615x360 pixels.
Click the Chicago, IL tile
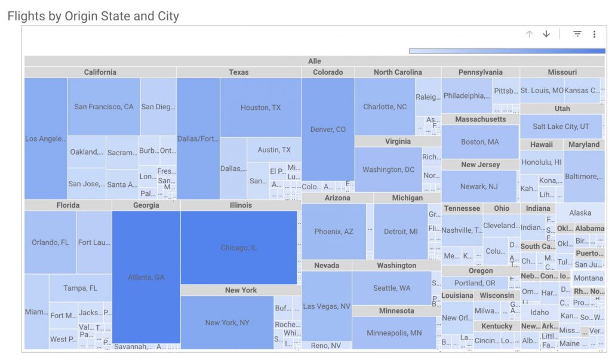(239, 247)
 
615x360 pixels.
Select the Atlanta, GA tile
(146, 277)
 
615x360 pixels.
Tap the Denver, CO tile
(328, 129)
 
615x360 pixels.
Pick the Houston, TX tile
(260, 107)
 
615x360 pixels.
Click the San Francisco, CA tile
(104, 107)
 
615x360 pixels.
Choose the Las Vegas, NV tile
(327, 306)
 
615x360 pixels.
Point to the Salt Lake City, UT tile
(561, 127)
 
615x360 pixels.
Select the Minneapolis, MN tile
(394, 333)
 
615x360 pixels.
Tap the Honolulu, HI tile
(541, 162)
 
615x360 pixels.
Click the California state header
(100, 72)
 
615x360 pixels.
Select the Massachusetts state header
(480, 119)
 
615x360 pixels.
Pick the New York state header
(241, 290)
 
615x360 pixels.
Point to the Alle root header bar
(314, 61)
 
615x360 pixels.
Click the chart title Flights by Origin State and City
(93, 16)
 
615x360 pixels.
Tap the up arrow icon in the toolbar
(529, 34)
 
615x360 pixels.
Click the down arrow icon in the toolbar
(546, 34)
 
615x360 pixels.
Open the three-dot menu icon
(595, 34)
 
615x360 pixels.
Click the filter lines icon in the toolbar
(577, 34)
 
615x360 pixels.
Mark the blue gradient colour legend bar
(507, 51)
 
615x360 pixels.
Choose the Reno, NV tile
(327, 346)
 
